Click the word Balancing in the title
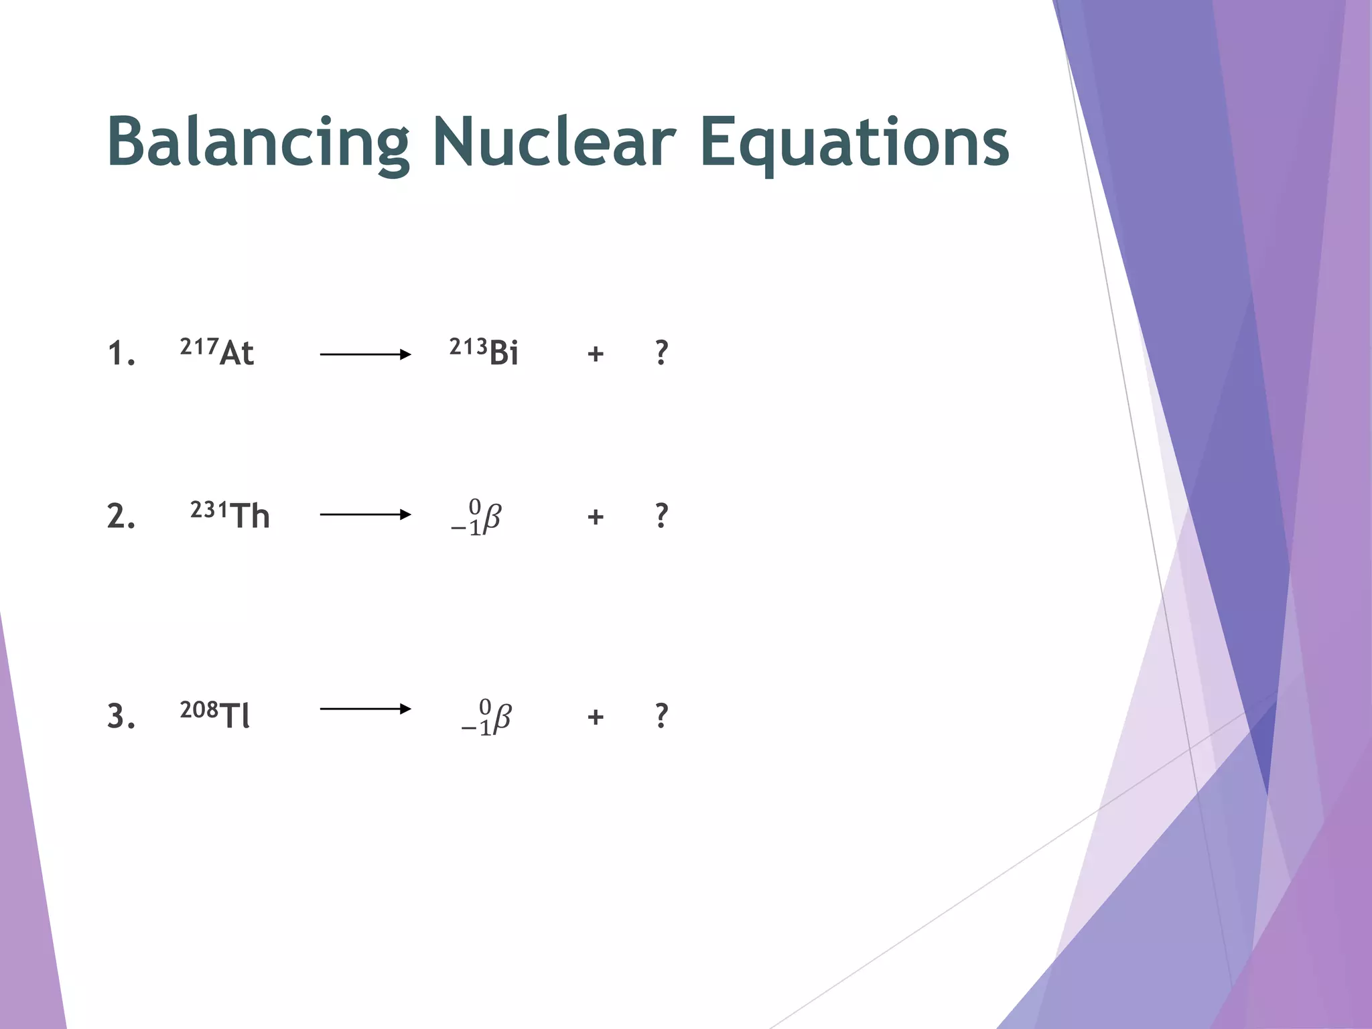[x=258, y=142]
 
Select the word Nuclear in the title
[x=553, y=142]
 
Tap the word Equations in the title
[x=853, y=142]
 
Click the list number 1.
[x=121, y=354]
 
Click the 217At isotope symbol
[x=217, y=352]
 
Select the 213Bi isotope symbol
[x=484, y=352]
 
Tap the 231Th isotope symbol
[x=230, y=515]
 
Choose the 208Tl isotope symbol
[x=215, y=715]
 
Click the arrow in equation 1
[x=365, y=354]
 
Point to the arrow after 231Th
[x=365, y=514]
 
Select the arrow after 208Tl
[x=365, y=709]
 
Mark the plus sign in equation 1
[x=596, y=354]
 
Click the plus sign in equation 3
[x=596, y=717]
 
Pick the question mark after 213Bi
[x=661, y=352]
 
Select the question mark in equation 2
[x=661, y=516]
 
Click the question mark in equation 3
[x=661, y=716]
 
